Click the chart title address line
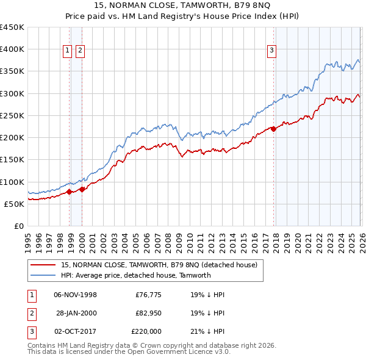pos(183,5)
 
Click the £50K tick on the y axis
pos(15,204)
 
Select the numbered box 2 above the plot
pos(80,51)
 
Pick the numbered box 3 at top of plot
pos(271,51)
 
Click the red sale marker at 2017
pos(273,129)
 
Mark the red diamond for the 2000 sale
pos(82,189)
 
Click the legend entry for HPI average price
pos(135,275)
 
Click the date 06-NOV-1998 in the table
pos(76,295)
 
